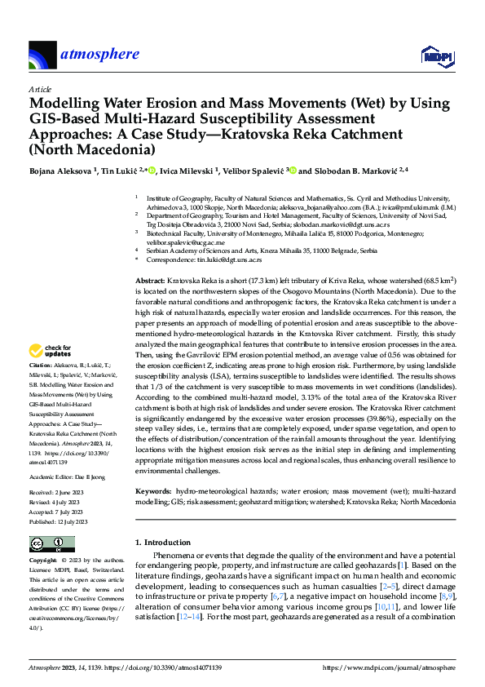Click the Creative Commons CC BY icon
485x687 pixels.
click(47, 544)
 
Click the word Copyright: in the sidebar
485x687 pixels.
click(42, 561)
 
